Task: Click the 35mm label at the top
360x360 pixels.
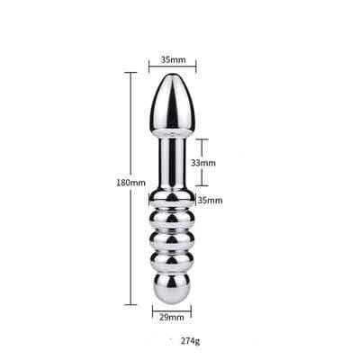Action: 173,59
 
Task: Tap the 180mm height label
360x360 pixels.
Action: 131,182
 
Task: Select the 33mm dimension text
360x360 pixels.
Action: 203,163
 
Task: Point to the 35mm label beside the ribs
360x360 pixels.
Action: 210,200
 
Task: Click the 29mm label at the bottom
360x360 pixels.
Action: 171,317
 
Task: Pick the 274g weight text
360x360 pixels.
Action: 192,341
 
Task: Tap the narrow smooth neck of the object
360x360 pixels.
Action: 172,162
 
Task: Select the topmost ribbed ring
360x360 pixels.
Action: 172,201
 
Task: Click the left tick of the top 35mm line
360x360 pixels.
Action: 149,66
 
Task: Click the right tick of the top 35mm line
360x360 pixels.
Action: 195,66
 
